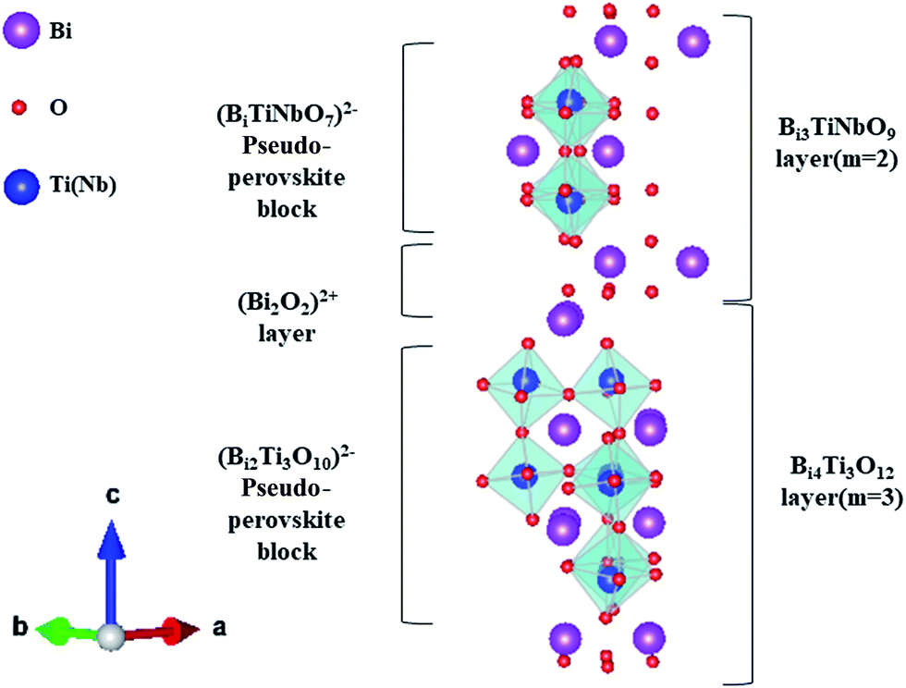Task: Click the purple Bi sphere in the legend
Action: point(27,32)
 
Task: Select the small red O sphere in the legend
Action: point(27,109)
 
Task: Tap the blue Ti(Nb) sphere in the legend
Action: point(27,187)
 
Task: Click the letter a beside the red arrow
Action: point(219,627)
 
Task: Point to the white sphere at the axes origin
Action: point(111,636)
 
